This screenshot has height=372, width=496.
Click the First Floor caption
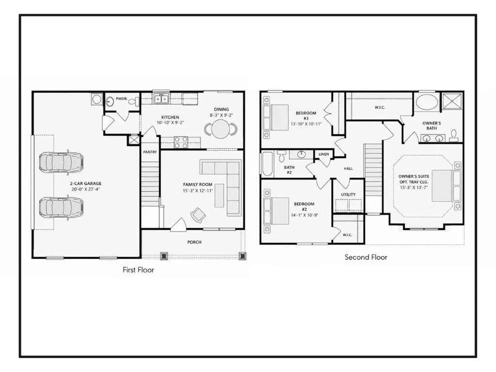[x=138, y=270]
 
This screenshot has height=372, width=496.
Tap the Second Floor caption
[x=366, y=257]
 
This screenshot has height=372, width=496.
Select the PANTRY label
[x=150, y=152]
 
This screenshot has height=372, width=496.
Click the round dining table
[x=221, y=129]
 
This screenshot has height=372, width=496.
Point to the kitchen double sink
[x=161, y=99]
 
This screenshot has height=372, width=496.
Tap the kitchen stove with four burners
[x=181, y=142]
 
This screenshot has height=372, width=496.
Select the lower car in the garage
[x=62, y=207]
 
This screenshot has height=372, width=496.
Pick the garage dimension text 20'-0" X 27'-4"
[x=86, y=189]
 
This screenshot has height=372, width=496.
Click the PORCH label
[x=194, y=242]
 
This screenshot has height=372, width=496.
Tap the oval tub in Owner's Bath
[x=427, y=102]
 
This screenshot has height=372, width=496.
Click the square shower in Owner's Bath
[x=452, y=102]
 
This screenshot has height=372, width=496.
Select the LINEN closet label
[x=324, y=155]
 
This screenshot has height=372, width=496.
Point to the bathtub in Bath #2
[x=267, y=164]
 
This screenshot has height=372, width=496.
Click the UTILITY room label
[x=348, y=195]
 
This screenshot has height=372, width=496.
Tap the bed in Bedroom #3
[x=276, y=117]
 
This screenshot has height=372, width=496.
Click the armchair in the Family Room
[x=198, y=215]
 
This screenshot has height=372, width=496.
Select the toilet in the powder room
[x=136, y=102]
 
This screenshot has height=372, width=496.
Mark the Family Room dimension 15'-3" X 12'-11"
[x=198, y=191]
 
